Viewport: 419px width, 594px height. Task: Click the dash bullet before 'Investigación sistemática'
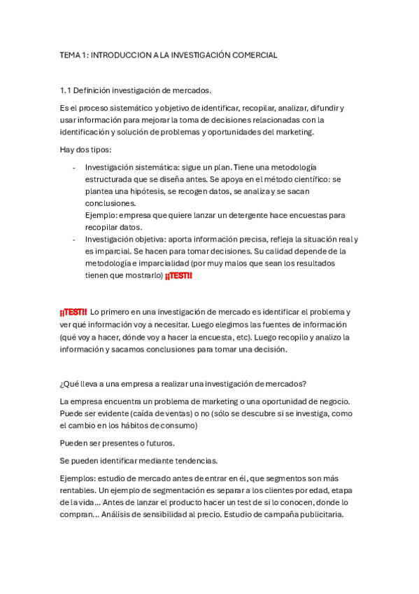point(74,167)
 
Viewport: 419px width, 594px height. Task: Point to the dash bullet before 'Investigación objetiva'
point(74,239)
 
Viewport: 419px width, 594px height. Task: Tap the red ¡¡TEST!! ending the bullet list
point(178,275)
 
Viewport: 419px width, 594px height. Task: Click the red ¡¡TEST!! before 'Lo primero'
point(73,312)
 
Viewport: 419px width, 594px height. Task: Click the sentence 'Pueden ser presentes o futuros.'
point(118,443)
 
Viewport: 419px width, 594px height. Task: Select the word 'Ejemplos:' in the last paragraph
point(79,478)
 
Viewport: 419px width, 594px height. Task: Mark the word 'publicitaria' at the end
point(318,515)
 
